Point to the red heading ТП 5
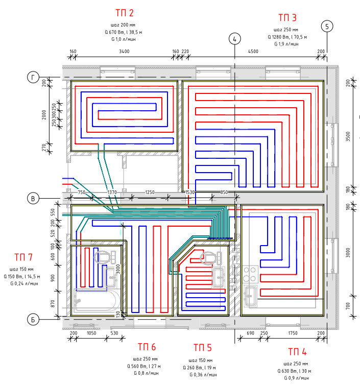202,348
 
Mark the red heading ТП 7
23,257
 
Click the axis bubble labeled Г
33,77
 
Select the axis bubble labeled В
33,198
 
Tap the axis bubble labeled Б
33,320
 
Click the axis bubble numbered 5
326,26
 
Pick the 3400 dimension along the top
124,51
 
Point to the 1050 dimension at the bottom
92,333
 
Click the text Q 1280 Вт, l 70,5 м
286,37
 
